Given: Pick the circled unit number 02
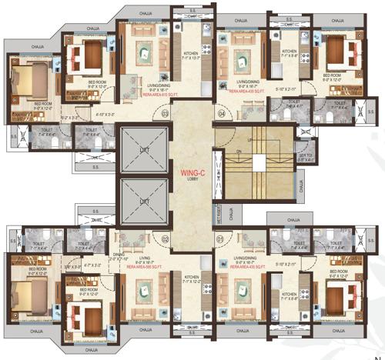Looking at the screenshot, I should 165,239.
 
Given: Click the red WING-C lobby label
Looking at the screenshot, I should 189,175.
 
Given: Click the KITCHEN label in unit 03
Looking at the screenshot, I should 190,53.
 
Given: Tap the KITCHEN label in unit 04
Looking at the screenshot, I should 290,53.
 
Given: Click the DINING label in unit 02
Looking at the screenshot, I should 116,255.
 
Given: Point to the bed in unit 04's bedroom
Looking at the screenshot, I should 338,53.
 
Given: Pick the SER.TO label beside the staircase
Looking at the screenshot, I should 304,155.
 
